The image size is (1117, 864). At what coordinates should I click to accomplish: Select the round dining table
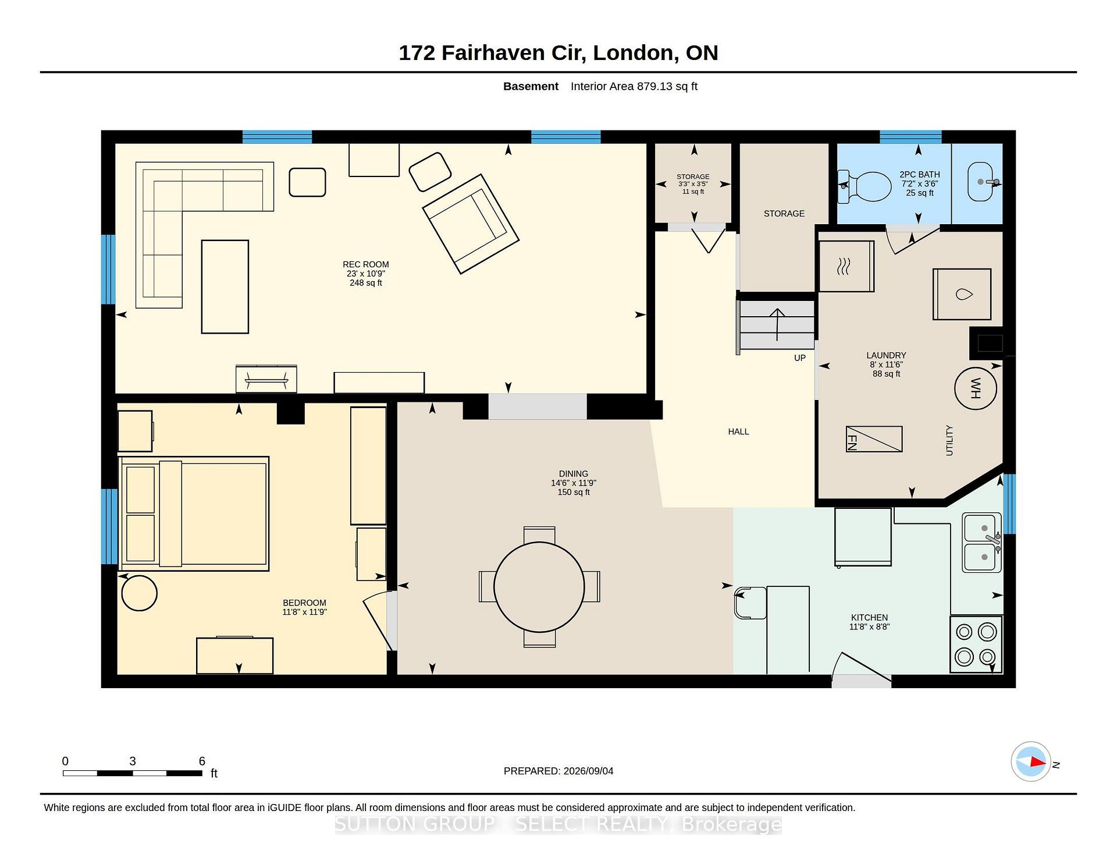tap(539, 587)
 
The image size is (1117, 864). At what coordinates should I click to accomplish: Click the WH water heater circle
tap(976, 388)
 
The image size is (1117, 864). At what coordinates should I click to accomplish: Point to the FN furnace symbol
tap(874, 439)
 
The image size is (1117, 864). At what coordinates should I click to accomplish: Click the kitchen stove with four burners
tap(976, 645)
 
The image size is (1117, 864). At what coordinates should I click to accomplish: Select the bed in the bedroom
tap(194, 514)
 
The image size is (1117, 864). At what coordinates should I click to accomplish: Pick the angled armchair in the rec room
tap(471, 224)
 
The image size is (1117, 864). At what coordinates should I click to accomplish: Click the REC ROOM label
tap(366, 264)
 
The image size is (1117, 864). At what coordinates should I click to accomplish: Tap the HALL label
tap(738, 431)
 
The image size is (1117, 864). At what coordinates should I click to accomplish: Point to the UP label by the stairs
tap(800, 358)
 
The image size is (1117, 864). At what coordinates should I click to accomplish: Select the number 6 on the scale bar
tap(202, 761)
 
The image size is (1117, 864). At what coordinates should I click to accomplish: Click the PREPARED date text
tap(558, 771)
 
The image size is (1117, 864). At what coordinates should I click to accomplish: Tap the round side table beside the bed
tap(139, 593)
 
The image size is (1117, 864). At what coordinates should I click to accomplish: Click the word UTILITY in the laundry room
tap(949, 440)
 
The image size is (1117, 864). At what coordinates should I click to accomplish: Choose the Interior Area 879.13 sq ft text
tap(634, 86)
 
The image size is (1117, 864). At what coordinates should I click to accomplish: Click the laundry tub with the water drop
tap(962, 294)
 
